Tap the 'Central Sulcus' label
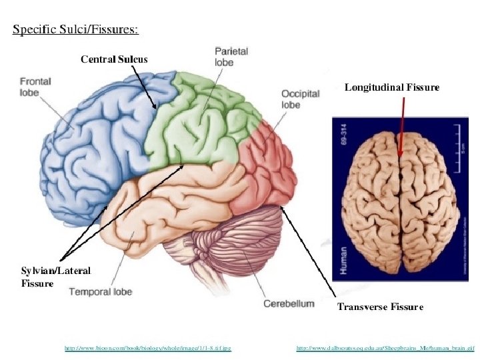[x=114, y=59]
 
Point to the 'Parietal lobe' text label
[x=231, y=56]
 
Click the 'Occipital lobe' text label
[x=300, y=99]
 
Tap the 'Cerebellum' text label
[x=289, y=304]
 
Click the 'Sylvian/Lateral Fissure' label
[x=56, y=277]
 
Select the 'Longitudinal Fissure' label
[x=391, y=87]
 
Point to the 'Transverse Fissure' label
[x=380, y=307]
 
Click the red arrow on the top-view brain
[x=402, y=127]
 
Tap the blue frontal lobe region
[x=93, y=147]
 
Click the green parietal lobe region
[x=200, y=123]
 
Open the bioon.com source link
[x=147, y=347]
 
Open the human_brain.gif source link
[x=385, y=347]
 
